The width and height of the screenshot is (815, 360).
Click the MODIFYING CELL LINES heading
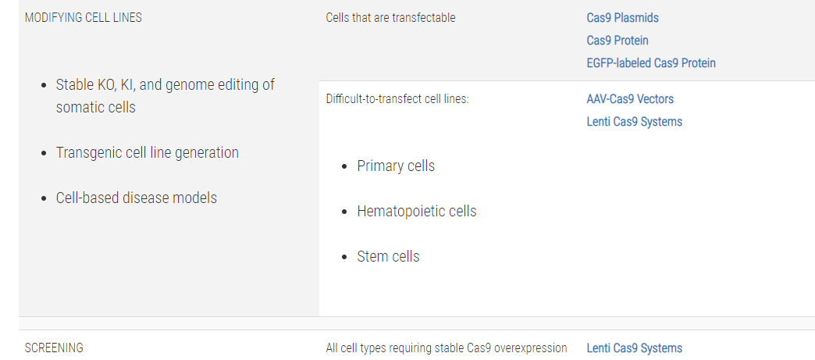click(84, 18)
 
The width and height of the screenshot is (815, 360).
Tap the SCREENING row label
click(54, 348)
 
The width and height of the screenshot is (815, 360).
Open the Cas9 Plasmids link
click(623, 18)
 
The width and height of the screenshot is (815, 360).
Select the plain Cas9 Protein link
click(617, 40)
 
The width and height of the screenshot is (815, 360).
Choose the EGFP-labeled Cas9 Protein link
click(651, 63)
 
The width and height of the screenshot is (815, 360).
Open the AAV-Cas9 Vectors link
click(630, 99)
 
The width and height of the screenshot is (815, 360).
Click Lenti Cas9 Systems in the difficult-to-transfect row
click(635, 122)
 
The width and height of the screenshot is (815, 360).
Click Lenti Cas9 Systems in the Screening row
click(635, 348)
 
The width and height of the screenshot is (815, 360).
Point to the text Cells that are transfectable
click(391, 18)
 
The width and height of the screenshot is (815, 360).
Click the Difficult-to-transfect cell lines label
click(397, 99)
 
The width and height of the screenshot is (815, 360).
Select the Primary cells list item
click(396, 166)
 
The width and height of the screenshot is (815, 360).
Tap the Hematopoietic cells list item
click(417, 211)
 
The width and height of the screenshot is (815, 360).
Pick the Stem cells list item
click(388, 256)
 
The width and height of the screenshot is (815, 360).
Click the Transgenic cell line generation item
click(148, 153)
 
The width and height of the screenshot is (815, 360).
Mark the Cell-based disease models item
click(137, 198)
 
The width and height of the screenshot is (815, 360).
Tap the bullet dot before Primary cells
click(344, 167)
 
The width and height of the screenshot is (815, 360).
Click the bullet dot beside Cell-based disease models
click(44, 198)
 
